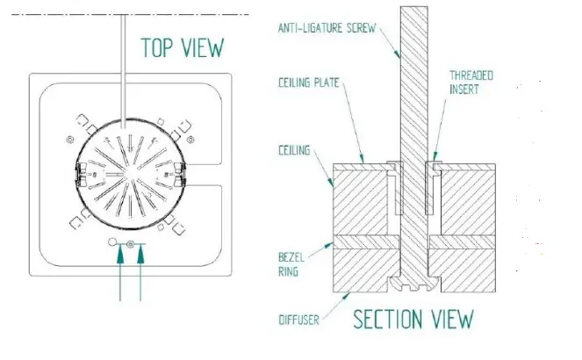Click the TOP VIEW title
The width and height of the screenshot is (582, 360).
pos(183,47)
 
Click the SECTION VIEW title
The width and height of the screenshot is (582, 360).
pos(413,318)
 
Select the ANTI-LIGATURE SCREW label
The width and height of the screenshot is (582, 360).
pos(327,28)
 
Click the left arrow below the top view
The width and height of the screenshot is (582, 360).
pos(119,272)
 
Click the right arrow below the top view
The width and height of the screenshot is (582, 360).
pos(139,272)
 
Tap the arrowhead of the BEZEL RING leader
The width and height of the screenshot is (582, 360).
pos(332,242)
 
